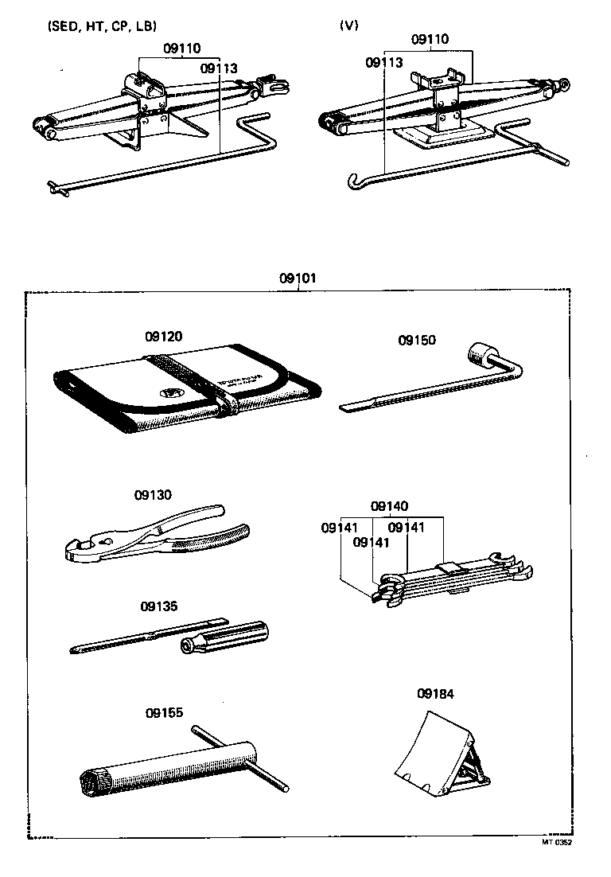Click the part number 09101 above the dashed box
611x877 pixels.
tap(298, 279)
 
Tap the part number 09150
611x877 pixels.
tap(418, 340)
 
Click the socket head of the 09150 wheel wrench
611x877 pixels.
tap(481, 353)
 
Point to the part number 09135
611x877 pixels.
tap(159, 606)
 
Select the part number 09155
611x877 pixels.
tap(165, 712)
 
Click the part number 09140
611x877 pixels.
tap(390, 506)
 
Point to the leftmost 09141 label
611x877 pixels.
tap(340, 527)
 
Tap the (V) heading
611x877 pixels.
tap(348, 25)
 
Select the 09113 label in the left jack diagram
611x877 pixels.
tap(219, 68)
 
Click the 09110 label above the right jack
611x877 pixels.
tap(430, 39)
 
